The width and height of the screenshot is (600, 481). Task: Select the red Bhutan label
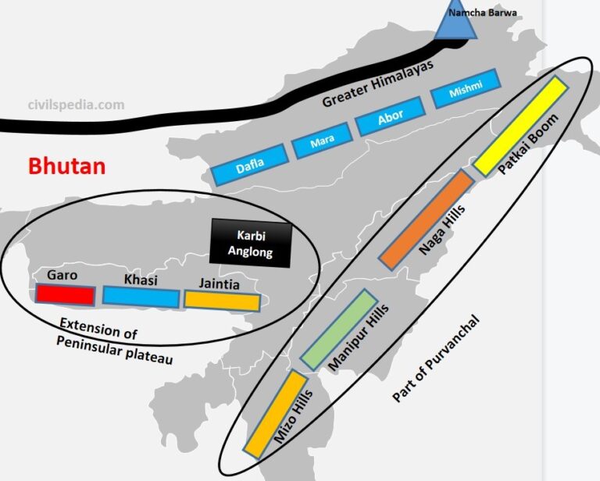pos(67,166)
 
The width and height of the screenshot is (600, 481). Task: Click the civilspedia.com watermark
pos(76,105)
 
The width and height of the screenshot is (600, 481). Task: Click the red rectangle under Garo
pos(66,294)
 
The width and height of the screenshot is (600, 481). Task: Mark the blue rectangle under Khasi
pos(141,297)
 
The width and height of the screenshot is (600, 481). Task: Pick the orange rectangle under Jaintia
pos(222,300)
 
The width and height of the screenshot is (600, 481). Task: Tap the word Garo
pos(62,276)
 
